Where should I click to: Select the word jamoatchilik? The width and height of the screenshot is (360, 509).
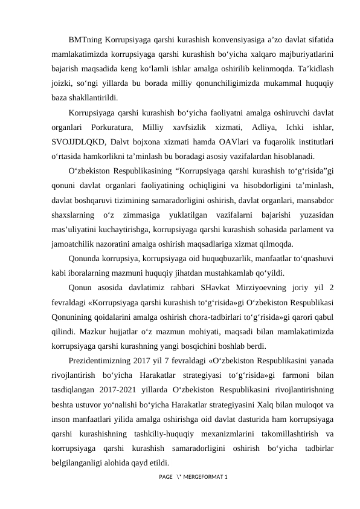coord(74,244)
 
